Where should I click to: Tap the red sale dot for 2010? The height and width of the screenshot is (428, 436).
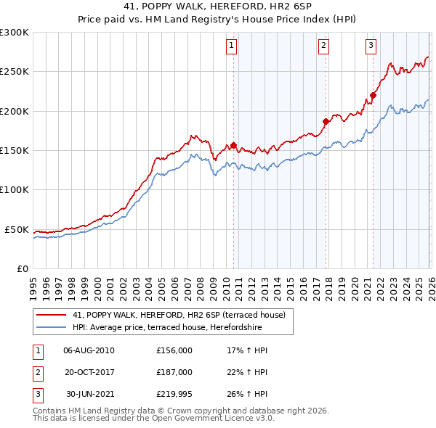[233, 145]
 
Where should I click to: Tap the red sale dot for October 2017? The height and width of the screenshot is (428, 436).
[326, 121]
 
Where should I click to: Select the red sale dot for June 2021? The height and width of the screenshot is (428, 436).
[373, 95]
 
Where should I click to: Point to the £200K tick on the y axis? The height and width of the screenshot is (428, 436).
[15, 111]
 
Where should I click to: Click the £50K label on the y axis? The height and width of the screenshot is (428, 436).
[17, 229]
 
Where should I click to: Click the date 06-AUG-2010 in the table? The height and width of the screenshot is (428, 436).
[89, 350]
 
